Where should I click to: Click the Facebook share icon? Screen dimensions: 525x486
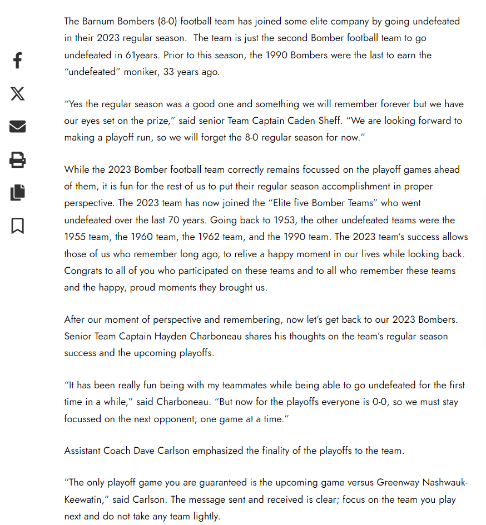[x=17, y=61]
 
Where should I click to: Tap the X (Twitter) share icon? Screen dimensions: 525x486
[x=17, y=93]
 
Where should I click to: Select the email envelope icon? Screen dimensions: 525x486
[x=17, y=127]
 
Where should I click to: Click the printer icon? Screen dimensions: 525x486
[x=17, y=160]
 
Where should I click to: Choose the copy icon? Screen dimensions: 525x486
[x=17, y=193]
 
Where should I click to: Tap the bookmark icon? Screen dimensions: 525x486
[x=17, y=226]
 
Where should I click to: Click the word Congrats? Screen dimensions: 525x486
[x=83, y=271]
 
